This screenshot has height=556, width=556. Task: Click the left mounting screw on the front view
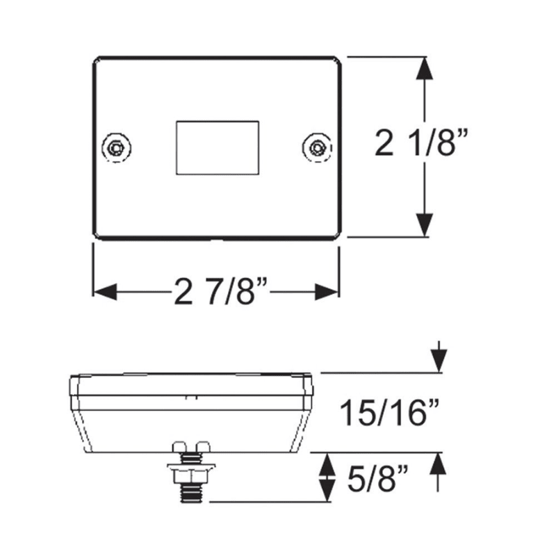coord(116,147)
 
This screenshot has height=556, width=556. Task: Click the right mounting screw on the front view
coord(317,147)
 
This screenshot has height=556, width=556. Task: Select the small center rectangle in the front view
coord(217,147)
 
